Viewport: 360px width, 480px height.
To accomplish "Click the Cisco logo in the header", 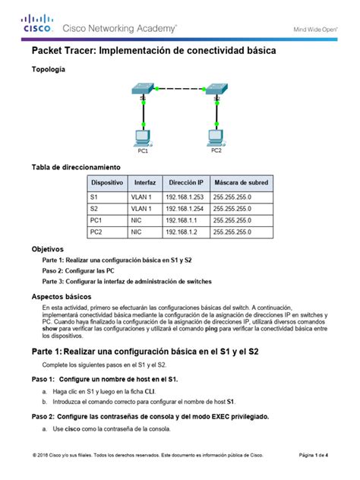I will point(37,24).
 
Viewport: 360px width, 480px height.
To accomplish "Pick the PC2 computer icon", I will point(216,137).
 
